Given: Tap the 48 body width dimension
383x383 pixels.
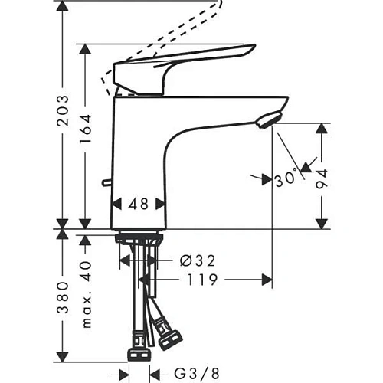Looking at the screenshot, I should (x=139, y=205).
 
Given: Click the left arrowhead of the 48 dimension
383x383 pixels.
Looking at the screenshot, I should (x=117, y=205).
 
